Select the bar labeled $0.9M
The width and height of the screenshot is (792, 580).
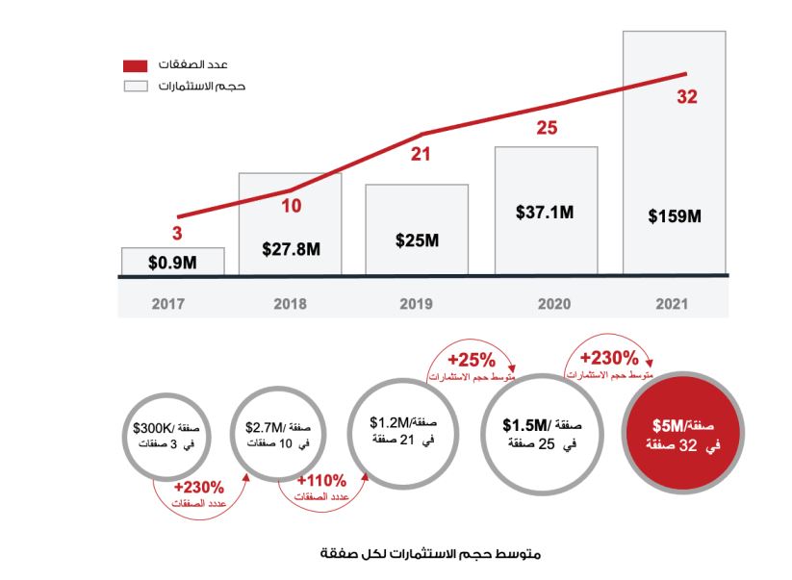click(172, 261)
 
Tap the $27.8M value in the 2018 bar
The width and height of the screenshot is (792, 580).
click(290, 248)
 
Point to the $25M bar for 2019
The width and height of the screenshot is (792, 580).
click(417, 240)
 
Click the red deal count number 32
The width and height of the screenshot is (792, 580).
click(686, 96)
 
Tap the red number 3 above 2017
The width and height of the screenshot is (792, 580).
click(178, 233)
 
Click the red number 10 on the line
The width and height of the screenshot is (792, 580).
click(293, 204)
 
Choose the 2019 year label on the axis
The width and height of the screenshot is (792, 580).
click(417, 304)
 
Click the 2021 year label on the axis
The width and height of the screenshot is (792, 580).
click(673, 304)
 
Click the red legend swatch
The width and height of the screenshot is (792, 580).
click(135, 66)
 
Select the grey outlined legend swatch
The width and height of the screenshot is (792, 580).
click(135, 87)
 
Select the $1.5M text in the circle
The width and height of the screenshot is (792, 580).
click(527, 424)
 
